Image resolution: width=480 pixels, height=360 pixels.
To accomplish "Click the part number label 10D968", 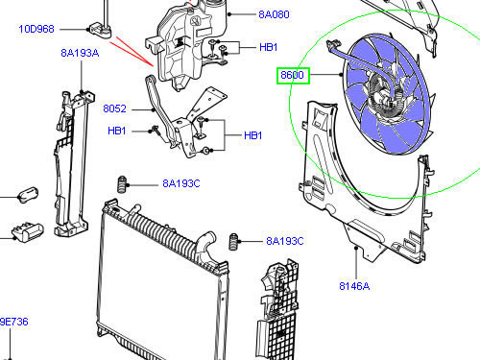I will click(36, 30).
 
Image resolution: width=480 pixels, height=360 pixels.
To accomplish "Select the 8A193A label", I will click(80, 53).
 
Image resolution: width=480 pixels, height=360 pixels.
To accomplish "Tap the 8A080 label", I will click(273, 15).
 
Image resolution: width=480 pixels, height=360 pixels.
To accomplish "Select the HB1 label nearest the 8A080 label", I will click(268, 47).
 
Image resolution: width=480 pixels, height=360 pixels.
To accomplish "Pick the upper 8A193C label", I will click(180, 182).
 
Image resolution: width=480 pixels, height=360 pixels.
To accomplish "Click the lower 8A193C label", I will click(284, 241).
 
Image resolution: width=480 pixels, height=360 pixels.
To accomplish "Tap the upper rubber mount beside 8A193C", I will click(122, 184).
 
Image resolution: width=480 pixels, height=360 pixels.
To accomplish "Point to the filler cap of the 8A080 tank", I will click(208, 16).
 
